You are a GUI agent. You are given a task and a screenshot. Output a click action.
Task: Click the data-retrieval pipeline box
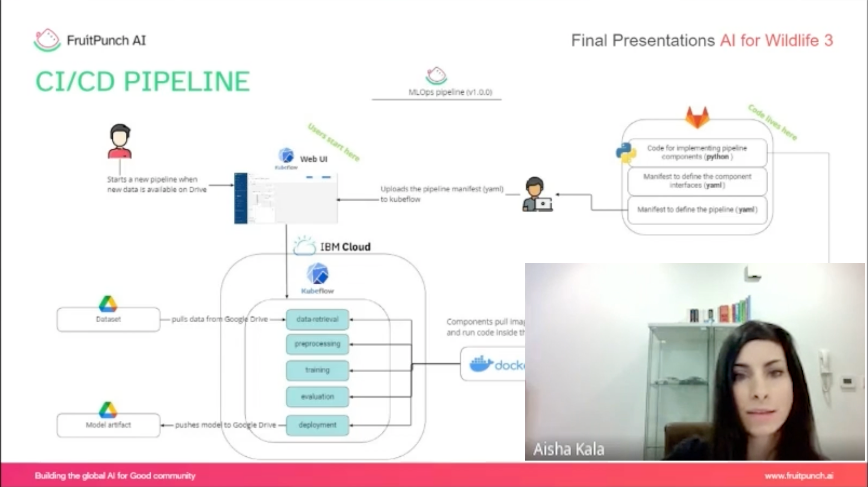[317, 319]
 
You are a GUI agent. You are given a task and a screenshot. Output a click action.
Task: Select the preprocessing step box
[317, 344]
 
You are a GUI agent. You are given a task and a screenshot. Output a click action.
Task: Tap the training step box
[317, 370]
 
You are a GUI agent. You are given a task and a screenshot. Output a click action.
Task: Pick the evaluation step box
[317, 397]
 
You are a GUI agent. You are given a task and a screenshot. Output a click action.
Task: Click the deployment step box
[317, 425]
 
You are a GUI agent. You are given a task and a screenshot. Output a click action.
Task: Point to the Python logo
[626, 153]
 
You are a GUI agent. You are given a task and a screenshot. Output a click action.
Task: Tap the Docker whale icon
[481, 365]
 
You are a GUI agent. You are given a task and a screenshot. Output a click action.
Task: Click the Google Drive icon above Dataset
[108, 304]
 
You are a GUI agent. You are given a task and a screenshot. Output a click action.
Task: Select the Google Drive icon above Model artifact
[108, 410]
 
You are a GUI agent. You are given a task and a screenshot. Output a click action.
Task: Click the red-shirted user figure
[120, 141]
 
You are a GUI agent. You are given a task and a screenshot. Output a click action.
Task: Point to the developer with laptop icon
[537, 195]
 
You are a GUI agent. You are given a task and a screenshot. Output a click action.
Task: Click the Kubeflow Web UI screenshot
[286, 198]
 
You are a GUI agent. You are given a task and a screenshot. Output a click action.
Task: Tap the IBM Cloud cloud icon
[304, 246]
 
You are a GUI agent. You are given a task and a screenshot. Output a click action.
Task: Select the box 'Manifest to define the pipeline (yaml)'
[697, 210]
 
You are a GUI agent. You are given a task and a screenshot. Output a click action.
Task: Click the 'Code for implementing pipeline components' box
[697, 152]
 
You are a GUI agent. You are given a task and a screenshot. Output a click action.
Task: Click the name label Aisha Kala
[569, 449]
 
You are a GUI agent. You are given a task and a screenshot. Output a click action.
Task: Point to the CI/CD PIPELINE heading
[143, 81]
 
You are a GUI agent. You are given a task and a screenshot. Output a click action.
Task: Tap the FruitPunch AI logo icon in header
[47, 40]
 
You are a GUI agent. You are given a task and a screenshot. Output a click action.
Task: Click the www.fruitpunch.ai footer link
[799, 476]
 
